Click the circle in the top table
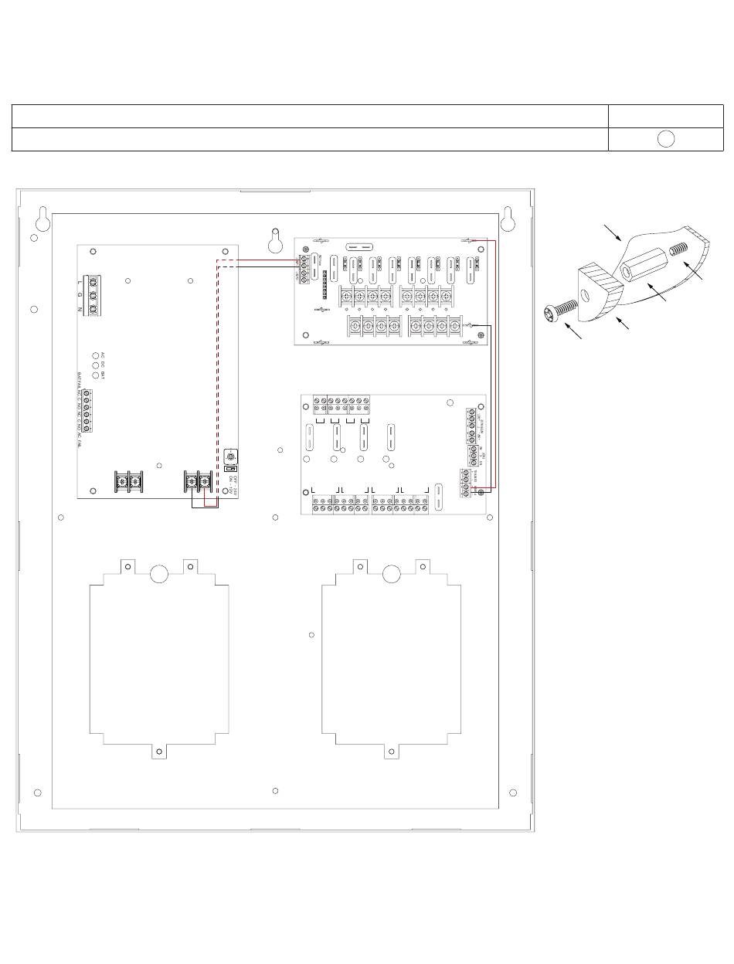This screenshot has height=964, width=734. click(666, 139)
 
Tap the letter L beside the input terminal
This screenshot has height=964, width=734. click(80, 283)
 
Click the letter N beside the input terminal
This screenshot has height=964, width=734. click(80, 309)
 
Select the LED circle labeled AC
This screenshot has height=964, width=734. click(96, 355)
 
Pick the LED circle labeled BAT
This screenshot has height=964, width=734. click(96, 375)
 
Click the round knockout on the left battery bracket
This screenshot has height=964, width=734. click(158, 574)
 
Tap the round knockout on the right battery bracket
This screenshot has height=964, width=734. click(392, 574)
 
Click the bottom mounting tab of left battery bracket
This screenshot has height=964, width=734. click(158, 751)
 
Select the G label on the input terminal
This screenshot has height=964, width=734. click(80, 296)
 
